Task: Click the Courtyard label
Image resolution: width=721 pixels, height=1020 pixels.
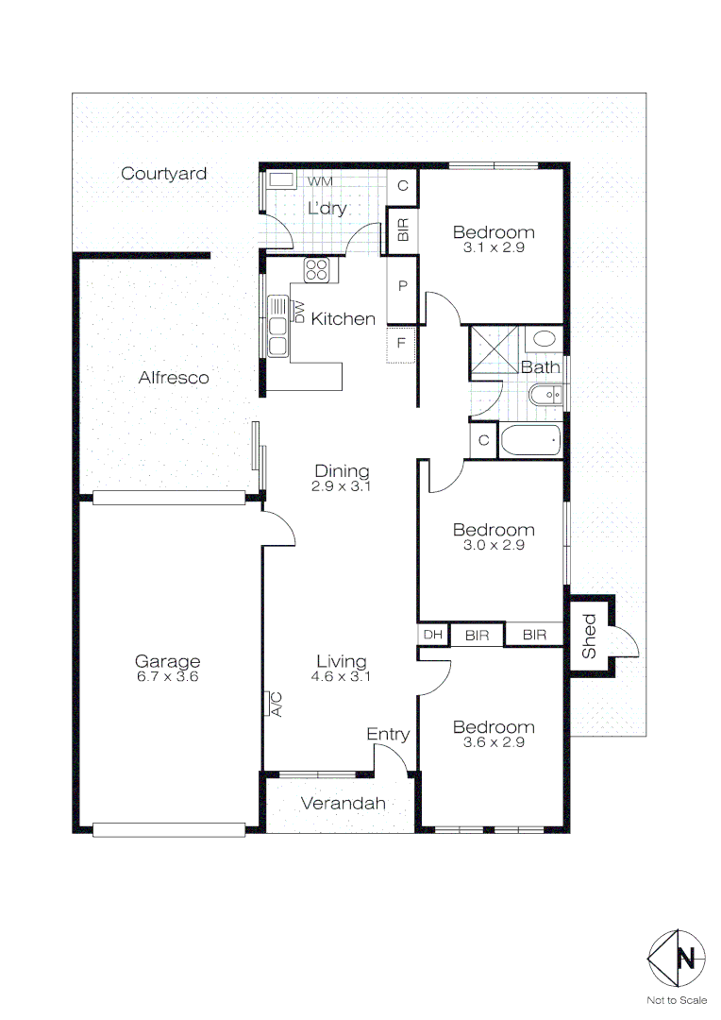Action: coord(164,174)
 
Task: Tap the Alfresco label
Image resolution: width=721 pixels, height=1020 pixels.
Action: coord(174,378)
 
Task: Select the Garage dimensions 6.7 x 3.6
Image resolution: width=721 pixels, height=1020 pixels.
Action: coord(167,676)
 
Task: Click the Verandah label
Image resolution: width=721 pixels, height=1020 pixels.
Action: coord(344,804)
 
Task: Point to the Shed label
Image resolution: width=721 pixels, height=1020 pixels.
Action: coord(589,637)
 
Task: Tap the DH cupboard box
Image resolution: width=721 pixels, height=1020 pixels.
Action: coord(433,635)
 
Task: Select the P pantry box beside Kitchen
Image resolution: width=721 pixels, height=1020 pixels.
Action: coord(401,285)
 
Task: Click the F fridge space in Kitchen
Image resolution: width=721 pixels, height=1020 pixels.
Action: coord(401,343)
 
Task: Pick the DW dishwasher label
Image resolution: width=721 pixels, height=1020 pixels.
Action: coord(299,311)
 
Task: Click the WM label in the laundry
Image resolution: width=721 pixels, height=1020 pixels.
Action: coord(320,180)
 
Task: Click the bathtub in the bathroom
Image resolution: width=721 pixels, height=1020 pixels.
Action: coord(530,440)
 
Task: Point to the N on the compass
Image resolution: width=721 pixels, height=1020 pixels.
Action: coord(688,959)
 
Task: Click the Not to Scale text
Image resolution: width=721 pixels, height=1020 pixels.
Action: coord(676,1000)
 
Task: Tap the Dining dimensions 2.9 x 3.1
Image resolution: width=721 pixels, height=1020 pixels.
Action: coord(342,487)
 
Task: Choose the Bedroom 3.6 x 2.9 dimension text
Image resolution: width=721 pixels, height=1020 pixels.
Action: coord(494,742)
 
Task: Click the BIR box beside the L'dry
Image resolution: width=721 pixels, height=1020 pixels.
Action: coord(403,230)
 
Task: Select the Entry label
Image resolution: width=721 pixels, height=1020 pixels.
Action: coord(388,734)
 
